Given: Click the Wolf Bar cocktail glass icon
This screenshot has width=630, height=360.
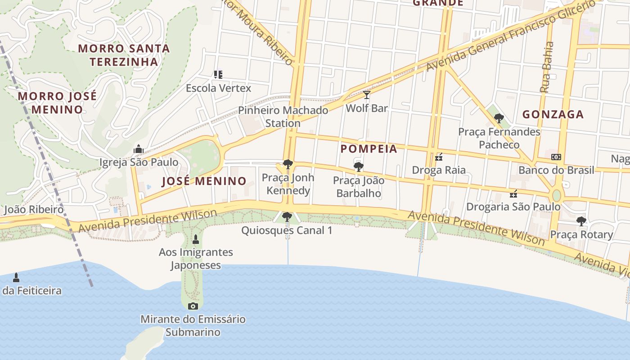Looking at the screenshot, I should click(x=367, y=95).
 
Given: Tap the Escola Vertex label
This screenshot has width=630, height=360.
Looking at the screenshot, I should click(x=219, y=88).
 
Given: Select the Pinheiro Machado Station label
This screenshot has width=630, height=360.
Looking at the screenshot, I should click(x=283, y=117).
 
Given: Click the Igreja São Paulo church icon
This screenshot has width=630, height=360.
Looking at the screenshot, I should click(x=138, y=148).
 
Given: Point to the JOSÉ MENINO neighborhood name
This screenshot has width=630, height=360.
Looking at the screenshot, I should click(x=204, y=181).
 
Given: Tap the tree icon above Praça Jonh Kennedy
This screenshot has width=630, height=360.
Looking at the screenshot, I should click(x=288, y=164).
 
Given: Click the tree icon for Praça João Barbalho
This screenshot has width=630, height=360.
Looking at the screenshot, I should click(x=359, y=167).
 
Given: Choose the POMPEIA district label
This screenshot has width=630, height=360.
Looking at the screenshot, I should click(x=369, y=149).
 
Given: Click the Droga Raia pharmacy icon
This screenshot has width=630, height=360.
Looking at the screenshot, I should click(x=439, y=157).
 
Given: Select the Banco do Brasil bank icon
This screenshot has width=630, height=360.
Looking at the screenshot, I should click(x=556, y=157).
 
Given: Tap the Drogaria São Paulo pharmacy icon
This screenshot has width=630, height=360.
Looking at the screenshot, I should click(x=513, y=194).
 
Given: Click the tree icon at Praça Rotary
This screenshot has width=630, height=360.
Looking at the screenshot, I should click(x=581, y=221).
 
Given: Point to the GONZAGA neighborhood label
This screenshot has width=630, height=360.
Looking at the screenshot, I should click(x=553, y=115).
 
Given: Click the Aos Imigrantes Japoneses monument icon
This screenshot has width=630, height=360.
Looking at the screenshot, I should click(x=195, y=239).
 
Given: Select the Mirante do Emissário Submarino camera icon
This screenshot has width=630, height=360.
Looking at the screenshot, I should click(x=193, y=306).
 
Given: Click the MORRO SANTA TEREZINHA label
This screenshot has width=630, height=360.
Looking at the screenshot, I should click(x=124, y=55).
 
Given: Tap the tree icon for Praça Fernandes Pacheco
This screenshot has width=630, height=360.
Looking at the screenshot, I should click(x=499, y=118).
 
